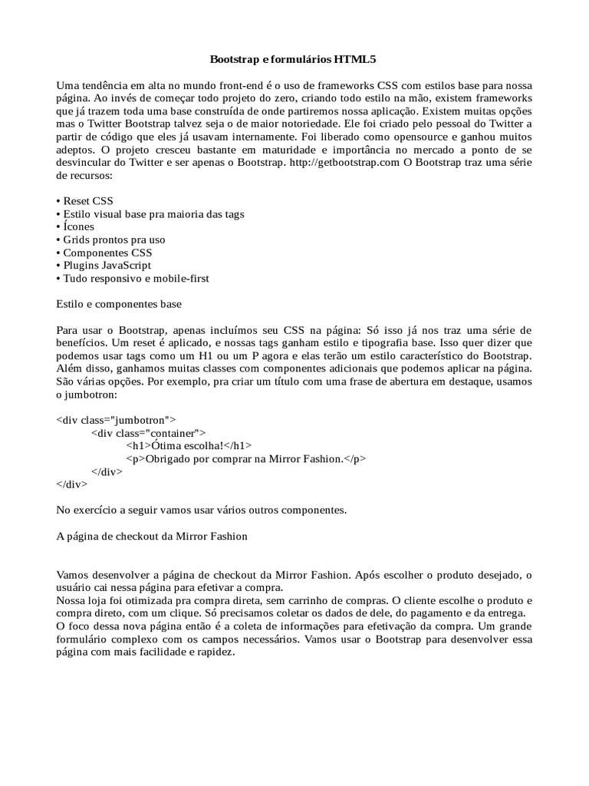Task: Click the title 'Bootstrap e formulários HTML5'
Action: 294,58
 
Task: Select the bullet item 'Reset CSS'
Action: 85,200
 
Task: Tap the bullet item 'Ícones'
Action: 76,226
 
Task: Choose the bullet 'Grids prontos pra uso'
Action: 111,239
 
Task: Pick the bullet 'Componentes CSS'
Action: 105,253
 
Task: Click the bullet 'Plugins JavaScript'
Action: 104,266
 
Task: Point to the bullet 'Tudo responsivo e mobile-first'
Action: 133,279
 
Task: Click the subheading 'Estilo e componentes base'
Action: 119,304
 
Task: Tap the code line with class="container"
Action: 148,432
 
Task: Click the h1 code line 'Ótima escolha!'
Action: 189,445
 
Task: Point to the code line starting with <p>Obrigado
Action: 246,458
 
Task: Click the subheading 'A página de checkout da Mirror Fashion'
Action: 153,536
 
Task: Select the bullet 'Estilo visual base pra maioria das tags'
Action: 151,213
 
